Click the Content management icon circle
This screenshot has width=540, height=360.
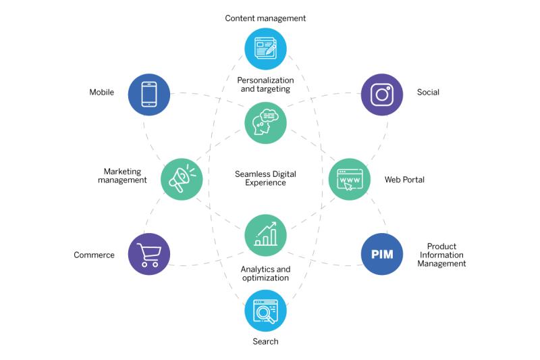(x=265, y=49)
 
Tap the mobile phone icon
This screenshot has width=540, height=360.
(x=149, y=95)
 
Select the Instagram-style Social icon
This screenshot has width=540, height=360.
(x=382, y=95)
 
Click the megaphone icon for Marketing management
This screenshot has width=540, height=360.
(x=182, y=178)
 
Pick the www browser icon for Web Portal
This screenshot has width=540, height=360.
(x=350, y=180)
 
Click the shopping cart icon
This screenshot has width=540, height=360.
(x=149, y=255)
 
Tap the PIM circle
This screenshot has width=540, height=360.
(x=382, y=254)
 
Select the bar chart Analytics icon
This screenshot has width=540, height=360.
(x=265, y=234)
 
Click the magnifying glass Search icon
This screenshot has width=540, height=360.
(x=265, y=311)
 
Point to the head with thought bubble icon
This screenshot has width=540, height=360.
(x=265, y=122)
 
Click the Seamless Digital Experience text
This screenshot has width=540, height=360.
(x=265, y=178)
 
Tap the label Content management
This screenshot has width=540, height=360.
(x=265, y=18)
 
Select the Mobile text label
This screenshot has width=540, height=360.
(x=102, y=93)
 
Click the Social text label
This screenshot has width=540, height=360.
(x=428, y=93)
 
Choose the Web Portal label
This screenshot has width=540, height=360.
(x=404, y=180)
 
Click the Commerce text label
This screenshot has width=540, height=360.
(x=94, y=255)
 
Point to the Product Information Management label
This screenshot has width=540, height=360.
(x=441, y=255)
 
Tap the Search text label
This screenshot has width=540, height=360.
(x=265, y=341)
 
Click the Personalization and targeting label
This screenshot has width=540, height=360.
(x=265, y=84)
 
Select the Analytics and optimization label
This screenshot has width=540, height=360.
(x=265, y=274)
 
